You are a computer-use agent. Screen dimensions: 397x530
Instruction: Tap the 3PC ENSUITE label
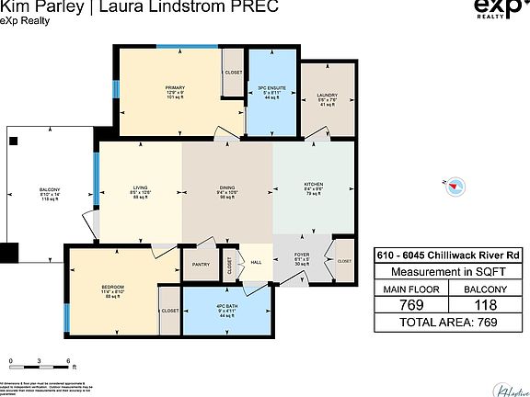271,87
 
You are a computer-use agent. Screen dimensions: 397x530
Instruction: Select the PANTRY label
201,265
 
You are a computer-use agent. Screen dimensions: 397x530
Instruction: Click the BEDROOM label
112,287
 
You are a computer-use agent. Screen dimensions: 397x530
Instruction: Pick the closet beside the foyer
344,261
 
